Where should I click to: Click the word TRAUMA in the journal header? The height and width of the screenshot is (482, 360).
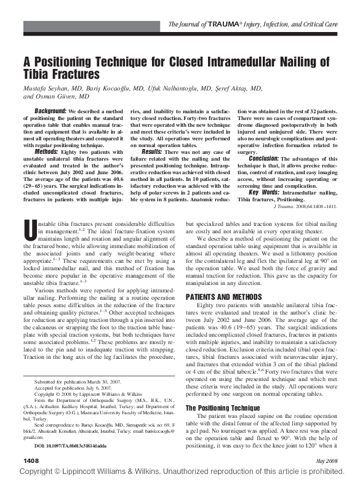pos(225,24)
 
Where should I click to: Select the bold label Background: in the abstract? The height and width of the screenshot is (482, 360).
pos(50,110)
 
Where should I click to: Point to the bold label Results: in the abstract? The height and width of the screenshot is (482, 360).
pos(155,151)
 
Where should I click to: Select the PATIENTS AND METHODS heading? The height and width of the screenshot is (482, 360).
pos(222,296)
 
